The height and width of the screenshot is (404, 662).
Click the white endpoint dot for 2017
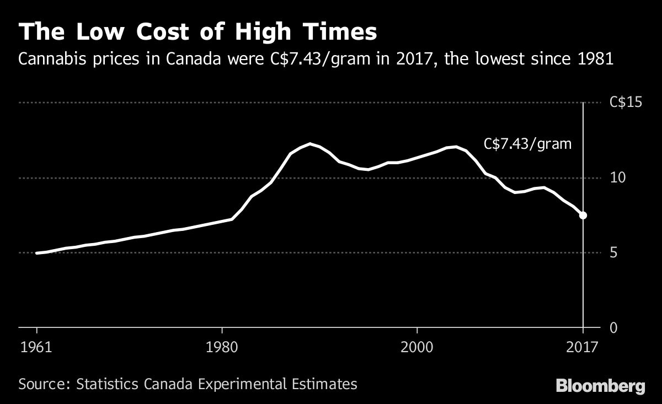point(583,216)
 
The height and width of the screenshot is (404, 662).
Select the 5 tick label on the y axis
point(613,252)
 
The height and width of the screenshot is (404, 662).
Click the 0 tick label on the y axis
point(613,328)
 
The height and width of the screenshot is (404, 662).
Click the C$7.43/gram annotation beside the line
point(527,144)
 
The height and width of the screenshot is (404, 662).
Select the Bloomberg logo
point(600,386)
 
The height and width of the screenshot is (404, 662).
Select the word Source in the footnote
point(40,384)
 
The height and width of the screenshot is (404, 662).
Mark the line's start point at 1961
point(36,253)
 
